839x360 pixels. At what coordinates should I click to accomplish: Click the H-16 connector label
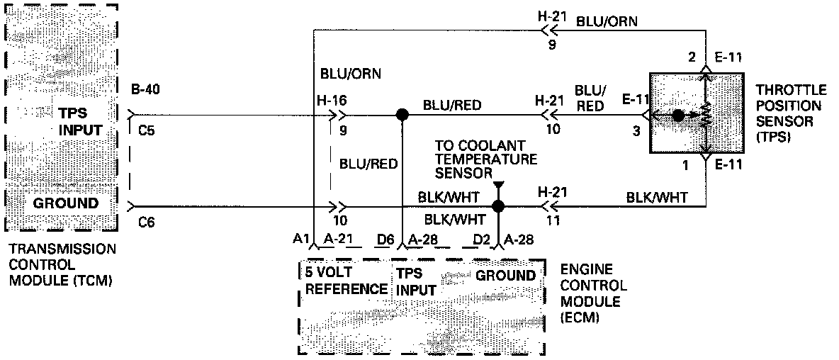pyautogui.click(x=333, y=101)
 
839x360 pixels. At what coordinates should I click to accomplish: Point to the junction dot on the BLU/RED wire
pyautogui.click(x=402, y=114)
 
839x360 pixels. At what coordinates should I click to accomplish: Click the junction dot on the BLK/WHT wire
pyautogui.click(x=498, y=206)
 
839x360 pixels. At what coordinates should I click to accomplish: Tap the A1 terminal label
pyautogui.click(x=300, y=241)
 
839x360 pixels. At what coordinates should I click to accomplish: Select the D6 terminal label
pyautogui.click(x=385, y=241)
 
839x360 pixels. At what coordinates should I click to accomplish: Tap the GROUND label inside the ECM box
pyautogui.click(x=505, y=275)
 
